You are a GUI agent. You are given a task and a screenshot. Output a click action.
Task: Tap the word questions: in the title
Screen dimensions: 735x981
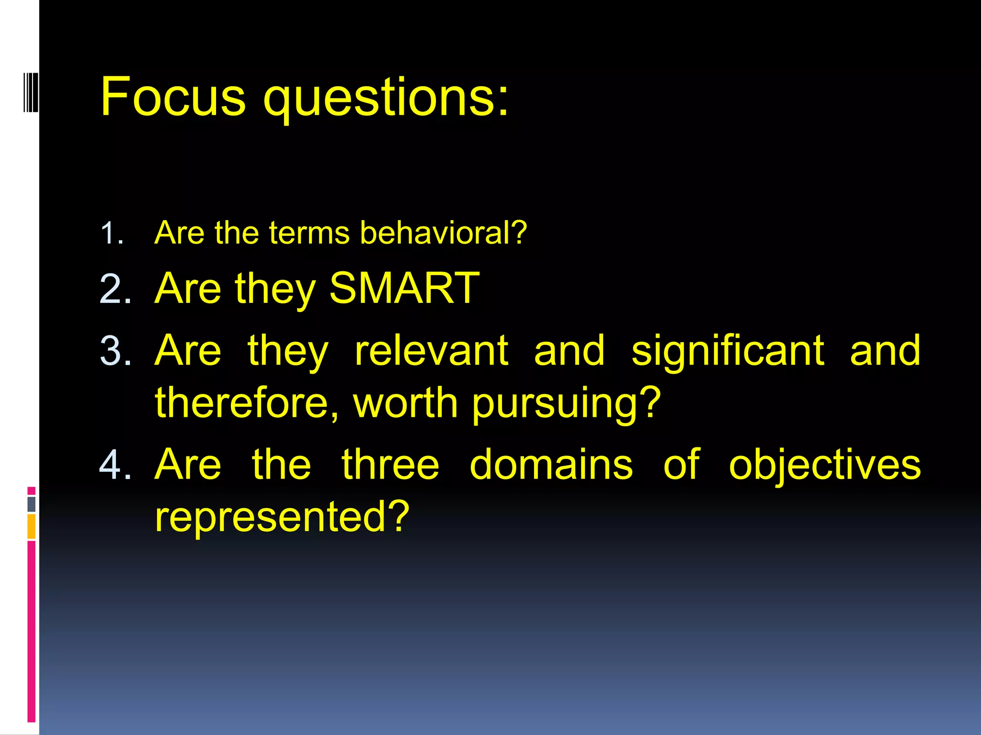[386, 99]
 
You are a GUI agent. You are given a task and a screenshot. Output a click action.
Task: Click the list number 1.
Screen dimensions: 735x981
[112, 234]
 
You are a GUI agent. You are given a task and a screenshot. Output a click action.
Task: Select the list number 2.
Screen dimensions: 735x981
[115, 289]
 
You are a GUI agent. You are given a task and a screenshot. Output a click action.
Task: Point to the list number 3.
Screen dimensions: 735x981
[115, 351]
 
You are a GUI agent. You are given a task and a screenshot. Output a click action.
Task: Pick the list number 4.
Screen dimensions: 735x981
[115, 465]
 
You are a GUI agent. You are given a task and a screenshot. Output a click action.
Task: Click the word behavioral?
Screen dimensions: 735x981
[443, 233]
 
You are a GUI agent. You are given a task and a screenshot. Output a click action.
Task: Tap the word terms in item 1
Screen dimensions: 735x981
[309, 233]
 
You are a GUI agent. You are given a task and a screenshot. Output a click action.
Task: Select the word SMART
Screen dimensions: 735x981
[404, 288]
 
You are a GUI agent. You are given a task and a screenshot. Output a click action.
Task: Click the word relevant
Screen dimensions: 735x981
[431, 351]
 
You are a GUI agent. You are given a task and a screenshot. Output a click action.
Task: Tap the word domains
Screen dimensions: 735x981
[551, 465]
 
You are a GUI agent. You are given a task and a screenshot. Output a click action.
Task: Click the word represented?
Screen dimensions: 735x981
[282, 516]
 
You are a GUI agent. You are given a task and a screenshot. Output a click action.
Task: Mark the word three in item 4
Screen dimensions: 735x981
[390, 465]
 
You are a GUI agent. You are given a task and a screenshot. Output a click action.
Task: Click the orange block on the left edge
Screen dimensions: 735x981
[31, 526]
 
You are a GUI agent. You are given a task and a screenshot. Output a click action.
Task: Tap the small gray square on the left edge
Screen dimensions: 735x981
[31, 504]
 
